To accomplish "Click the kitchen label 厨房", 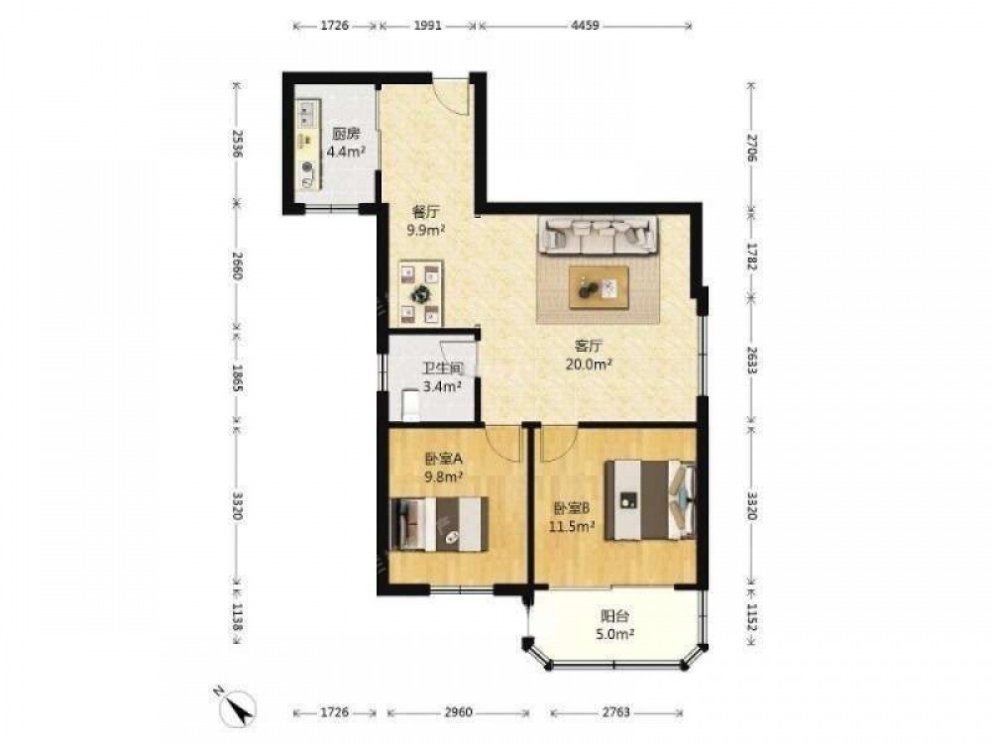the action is pos(346,134).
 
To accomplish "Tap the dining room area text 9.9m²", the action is pos(426,230).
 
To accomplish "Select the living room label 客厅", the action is pos(589,346).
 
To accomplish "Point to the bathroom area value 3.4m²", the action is pos(442,386).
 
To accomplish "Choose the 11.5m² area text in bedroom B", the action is pos(572,526).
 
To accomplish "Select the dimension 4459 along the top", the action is pos(585,26).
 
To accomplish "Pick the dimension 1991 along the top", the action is pos(427,26).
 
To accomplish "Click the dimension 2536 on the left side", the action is pos(237,144).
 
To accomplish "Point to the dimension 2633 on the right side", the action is pos(751,361).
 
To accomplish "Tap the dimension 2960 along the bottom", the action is pos(458,712).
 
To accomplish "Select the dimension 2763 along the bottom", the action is pos(615,712).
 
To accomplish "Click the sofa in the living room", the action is pos(598,235).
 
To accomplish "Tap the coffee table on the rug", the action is pos(599,287).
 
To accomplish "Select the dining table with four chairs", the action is pos(420,293).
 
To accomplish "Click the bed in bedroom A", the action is pos(440,524).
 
